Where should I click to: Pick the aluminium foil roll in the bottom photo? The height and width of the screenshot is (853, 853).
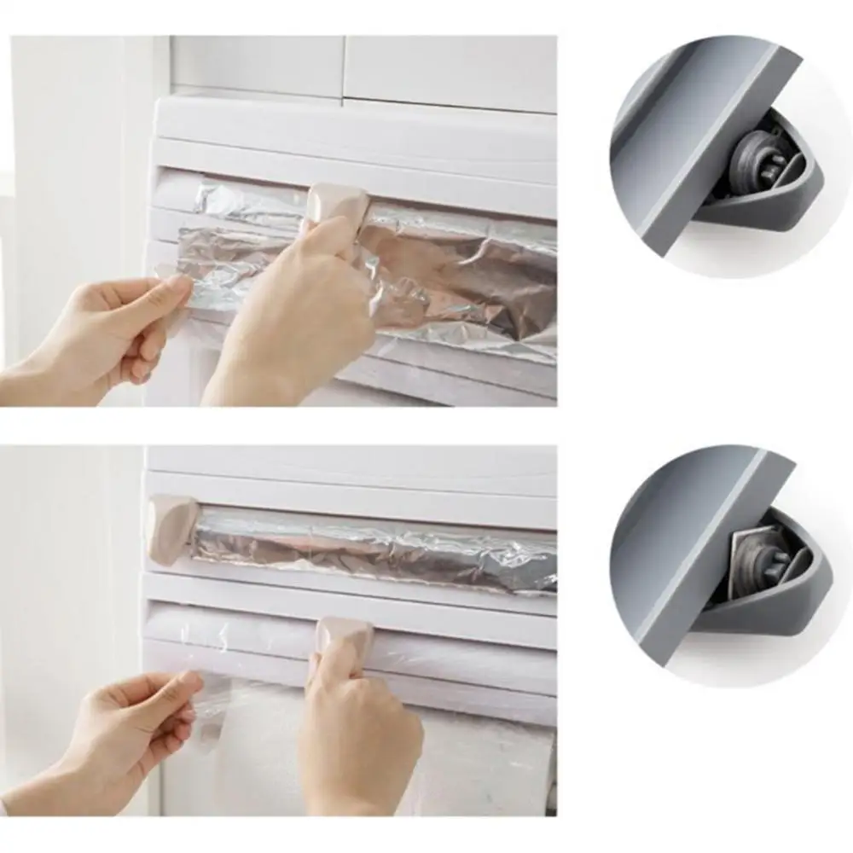tap(375, 546)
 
